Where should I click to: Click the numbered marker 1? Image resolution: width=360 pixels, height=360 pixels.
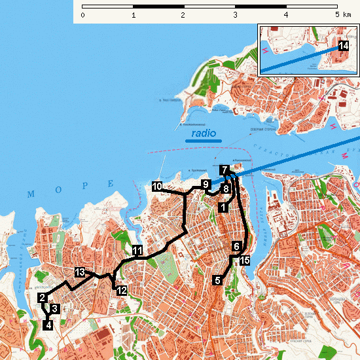[223, 207]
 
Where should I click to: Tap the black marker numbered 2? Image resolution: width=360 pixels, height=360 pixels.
[42, 298]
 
